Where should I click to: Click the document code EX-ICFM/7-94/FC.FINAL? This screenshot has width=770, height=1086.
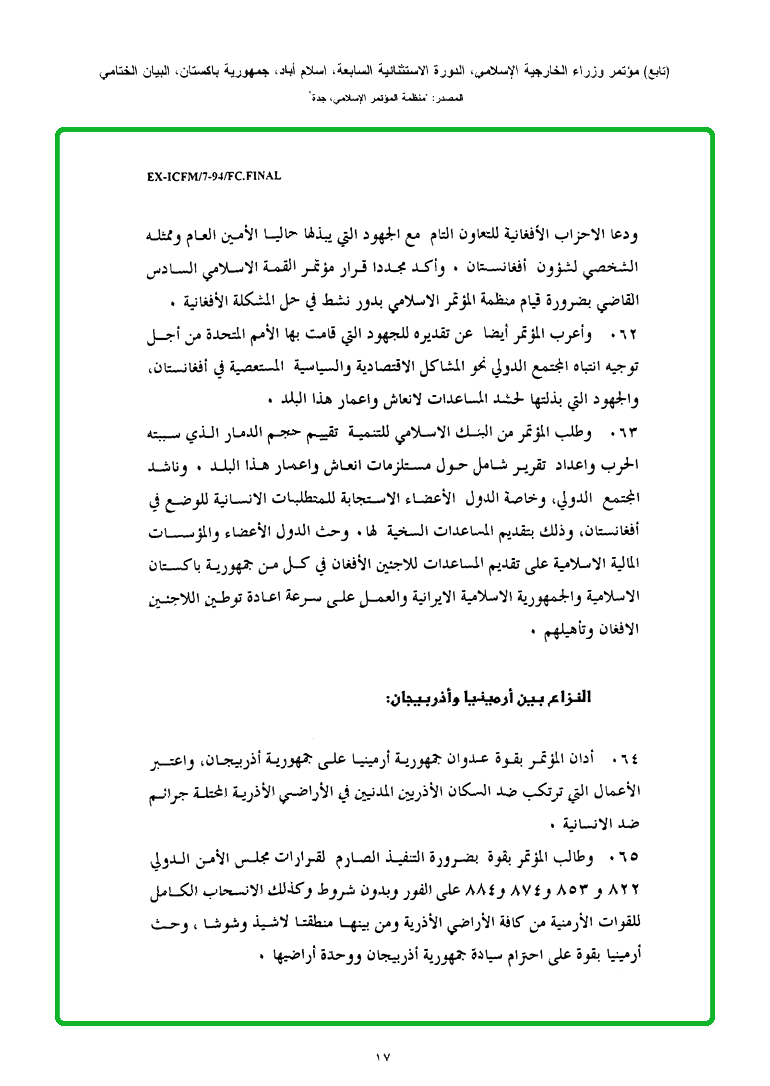tap(214, 176)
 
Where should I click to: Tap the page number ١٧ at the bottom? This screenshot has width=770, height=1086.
tap(384, 1055)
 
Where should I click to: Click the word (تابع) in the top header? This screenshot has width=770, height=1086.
tap(654, 72)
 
